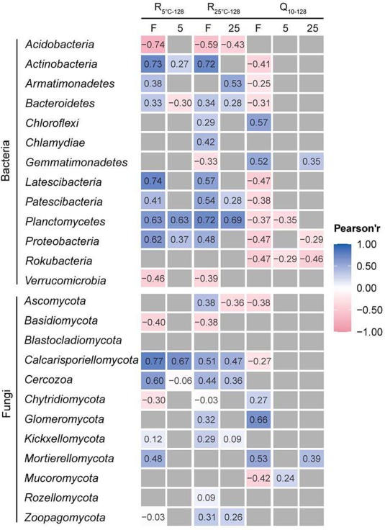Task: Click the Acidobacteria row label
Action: click(x=60, y=44)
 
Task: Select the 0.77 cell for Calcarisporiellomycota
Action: click(x=153, y=361)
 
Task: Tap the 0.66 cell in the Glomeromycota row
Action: click(x=258, y=420)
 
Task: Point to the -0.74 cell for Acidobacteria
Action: click(x=153, y=44)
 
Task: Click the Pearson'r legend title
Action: click(x=357, y=229)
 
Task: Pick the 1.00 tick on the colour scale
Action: click(x=366, y=244)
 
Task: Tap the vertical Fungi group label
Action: click(x=7, y=403)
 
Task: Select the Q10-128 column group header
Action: click(x=293, y=9)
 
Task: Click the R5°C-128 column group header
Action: click(x=169, y=9)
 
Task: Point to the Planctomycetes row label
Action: click(x=65, y=221)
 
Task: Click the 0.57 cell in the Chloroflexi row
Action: click(x=258, y=122)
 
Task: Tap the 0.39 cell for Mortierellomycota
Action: click(x=312, y=459)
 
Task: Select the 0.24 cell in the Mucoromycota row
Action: click(x=286, y=478)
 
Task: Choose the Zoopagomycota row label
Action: click(x=65, y=518)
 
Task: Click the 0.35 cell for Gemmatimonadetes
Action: click(x=312, y=161)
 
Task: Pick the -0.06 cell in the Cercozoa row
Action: click(x=180, y=380)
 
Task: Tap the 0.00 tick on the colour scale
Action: click(x=366, y=288)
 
